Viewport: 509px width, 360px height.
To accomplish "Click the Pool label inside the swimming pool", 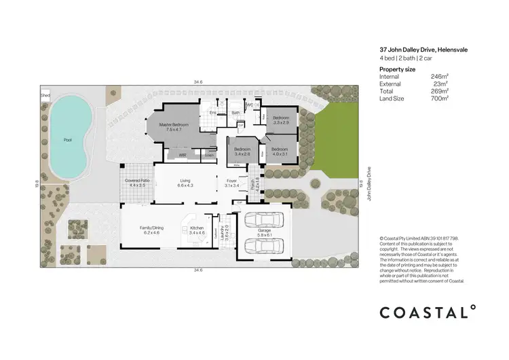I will click(x=67, y=141).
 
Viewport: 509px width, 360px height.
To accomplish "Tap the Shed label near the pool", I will click(x=45, y=96).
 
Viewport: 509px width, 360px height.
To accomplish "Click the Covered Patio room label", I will click(x=138, y=181).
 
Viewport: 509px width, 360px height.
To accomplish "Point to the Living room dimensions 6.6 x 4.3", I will click(x=186, y=185).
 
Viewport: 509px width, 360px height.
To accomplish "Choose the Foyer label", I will click(x=231, y=181).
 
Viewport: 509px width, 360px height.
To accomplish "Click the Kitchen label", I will click(x=197, y=228).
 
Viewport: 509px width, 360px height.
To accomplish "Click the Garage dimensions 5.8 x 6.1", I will click(x=265, y=236).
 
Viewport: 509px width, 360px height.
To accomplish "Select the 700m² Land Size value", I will click(x=440, y=99).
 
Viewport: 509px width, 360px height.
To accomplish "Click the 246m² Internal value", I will click(x=440, y=77).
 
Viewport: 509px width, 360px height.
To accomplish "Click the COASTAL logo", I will click(x=428, y=312).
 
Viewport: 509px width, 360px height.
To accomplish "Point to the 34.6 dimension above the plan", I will click(x=197, y=82).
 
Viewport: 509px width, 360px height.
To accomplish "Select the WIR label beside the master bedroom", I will click(x=183, y=156).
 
